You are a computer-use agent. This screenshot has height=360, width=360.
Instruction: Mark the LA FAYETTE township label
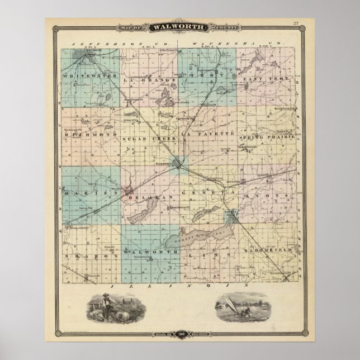[x=210, y=135]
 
